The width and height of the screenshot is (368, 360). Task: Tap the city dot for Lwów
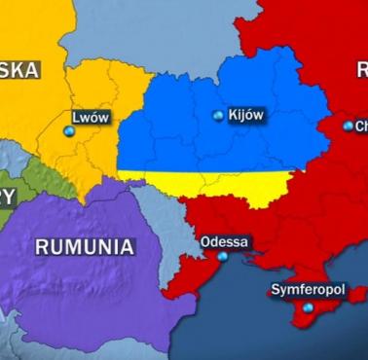[68, 130]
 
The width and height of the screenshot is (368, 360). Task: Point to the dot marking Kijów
[218, 116]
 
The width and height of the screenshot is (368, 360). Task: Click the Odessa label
[224, 241]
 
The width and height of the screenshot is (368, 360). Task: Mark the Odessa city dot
[222, 257]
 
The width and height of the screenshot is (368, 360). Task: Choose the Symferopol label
[309, 290]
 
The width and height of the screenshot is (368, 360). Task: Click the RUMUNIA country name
[85, 246]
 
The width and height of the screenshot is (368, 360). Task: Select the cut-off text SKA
[19, 69]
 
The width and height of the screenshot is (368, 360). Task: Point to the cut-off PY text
[8, 197]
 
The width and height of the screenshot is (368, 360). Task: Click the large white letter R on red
[360, 69]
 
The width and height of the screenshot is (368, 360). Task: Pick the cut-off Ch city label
[360, 126]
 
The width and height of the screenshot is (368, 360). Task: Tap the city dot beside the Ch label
[348, 126]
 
